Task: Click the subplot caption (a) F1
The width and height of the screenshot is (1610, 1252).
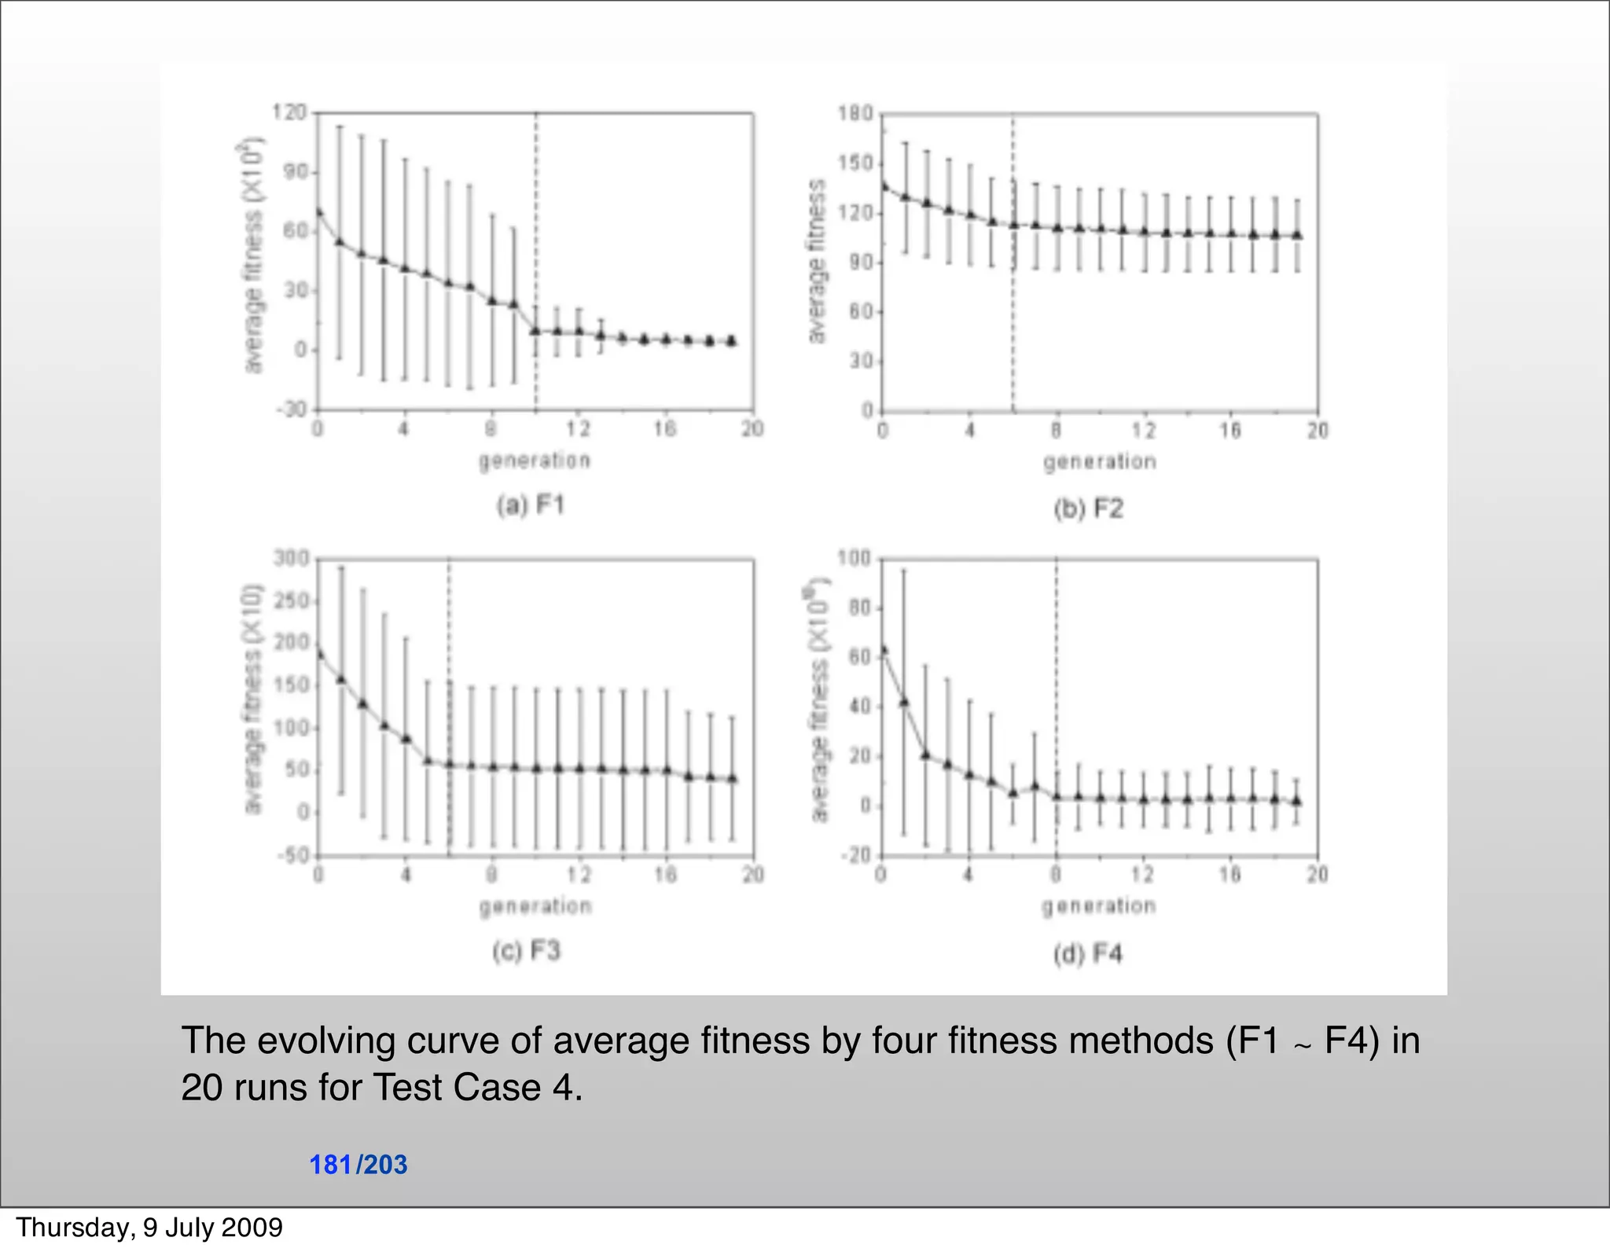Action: (531, 505)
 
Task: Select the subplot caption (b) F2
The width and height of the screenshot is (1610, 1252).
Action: (1089, 509)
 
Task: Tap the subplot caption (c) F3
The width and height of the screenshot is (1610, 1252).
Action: (527, 951)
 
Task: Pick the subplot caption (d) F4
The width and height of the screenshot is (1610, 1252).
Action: (1088, 954)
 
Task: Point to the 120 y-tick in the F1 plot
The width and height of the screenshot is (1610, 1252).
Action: (289, 112)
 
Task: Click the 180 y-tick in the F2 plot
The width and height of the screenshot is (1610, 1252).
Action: (856, 114)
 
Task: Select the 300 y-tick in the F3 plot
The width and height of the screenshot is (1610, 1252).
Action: (291, 559)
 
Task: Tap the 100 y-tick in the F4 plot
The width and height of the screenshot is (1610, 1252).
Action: (854, 559)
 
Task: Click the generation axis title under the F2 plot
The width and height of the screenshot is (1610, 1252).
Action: (1100, 461)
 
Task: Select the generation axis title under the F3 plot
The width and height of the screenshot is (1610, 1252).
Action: (535, 906)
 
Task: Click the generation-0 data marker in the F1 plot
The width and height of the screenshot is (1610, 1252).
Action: (318, 211)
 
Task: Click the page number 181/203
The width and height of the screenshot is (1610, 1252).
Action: (358, 1164)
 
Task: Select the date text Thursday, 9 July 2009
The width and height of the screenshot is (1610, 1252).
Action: (149, 1227)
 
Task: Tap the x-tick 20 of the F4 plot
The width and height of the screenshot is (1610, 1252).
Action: (1318, 874)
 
